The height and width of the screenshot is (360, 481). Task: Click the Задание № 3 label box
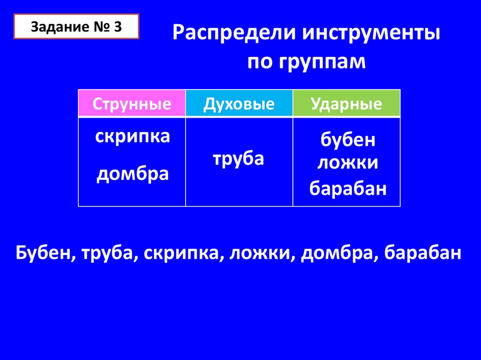pos(77,26)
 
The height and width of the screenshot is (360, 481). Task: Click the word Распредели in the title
pos(234,33)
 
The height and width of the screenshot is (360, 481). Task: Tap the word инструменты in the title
pos(371,33)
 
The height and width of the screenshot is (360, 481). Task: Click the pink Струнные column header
pos(132,103)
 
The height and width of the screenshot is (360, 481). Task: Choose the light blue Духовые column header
pos(239,103)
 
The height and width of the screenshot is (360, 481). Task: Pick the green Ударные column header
pos(347,103)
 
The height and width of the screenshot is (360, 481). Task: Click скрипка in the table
pos(132,136)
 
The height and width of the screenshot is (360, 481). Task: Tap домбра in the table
pos(132,174)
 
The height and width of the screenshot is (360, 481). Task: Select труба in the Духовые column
pos(238,159)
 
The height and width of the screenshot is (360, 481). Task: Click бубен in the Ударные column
pos(348,139)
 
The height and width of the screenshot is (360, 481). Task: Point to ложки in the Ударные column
pos(348,162)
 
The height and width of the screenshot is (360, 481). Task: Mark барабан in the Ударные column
pos(348,188)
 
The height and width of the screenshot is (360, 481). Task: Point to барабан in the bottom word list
pos(422,253)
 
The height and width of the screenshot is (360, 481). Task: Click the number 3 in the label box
pos(118,27)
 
